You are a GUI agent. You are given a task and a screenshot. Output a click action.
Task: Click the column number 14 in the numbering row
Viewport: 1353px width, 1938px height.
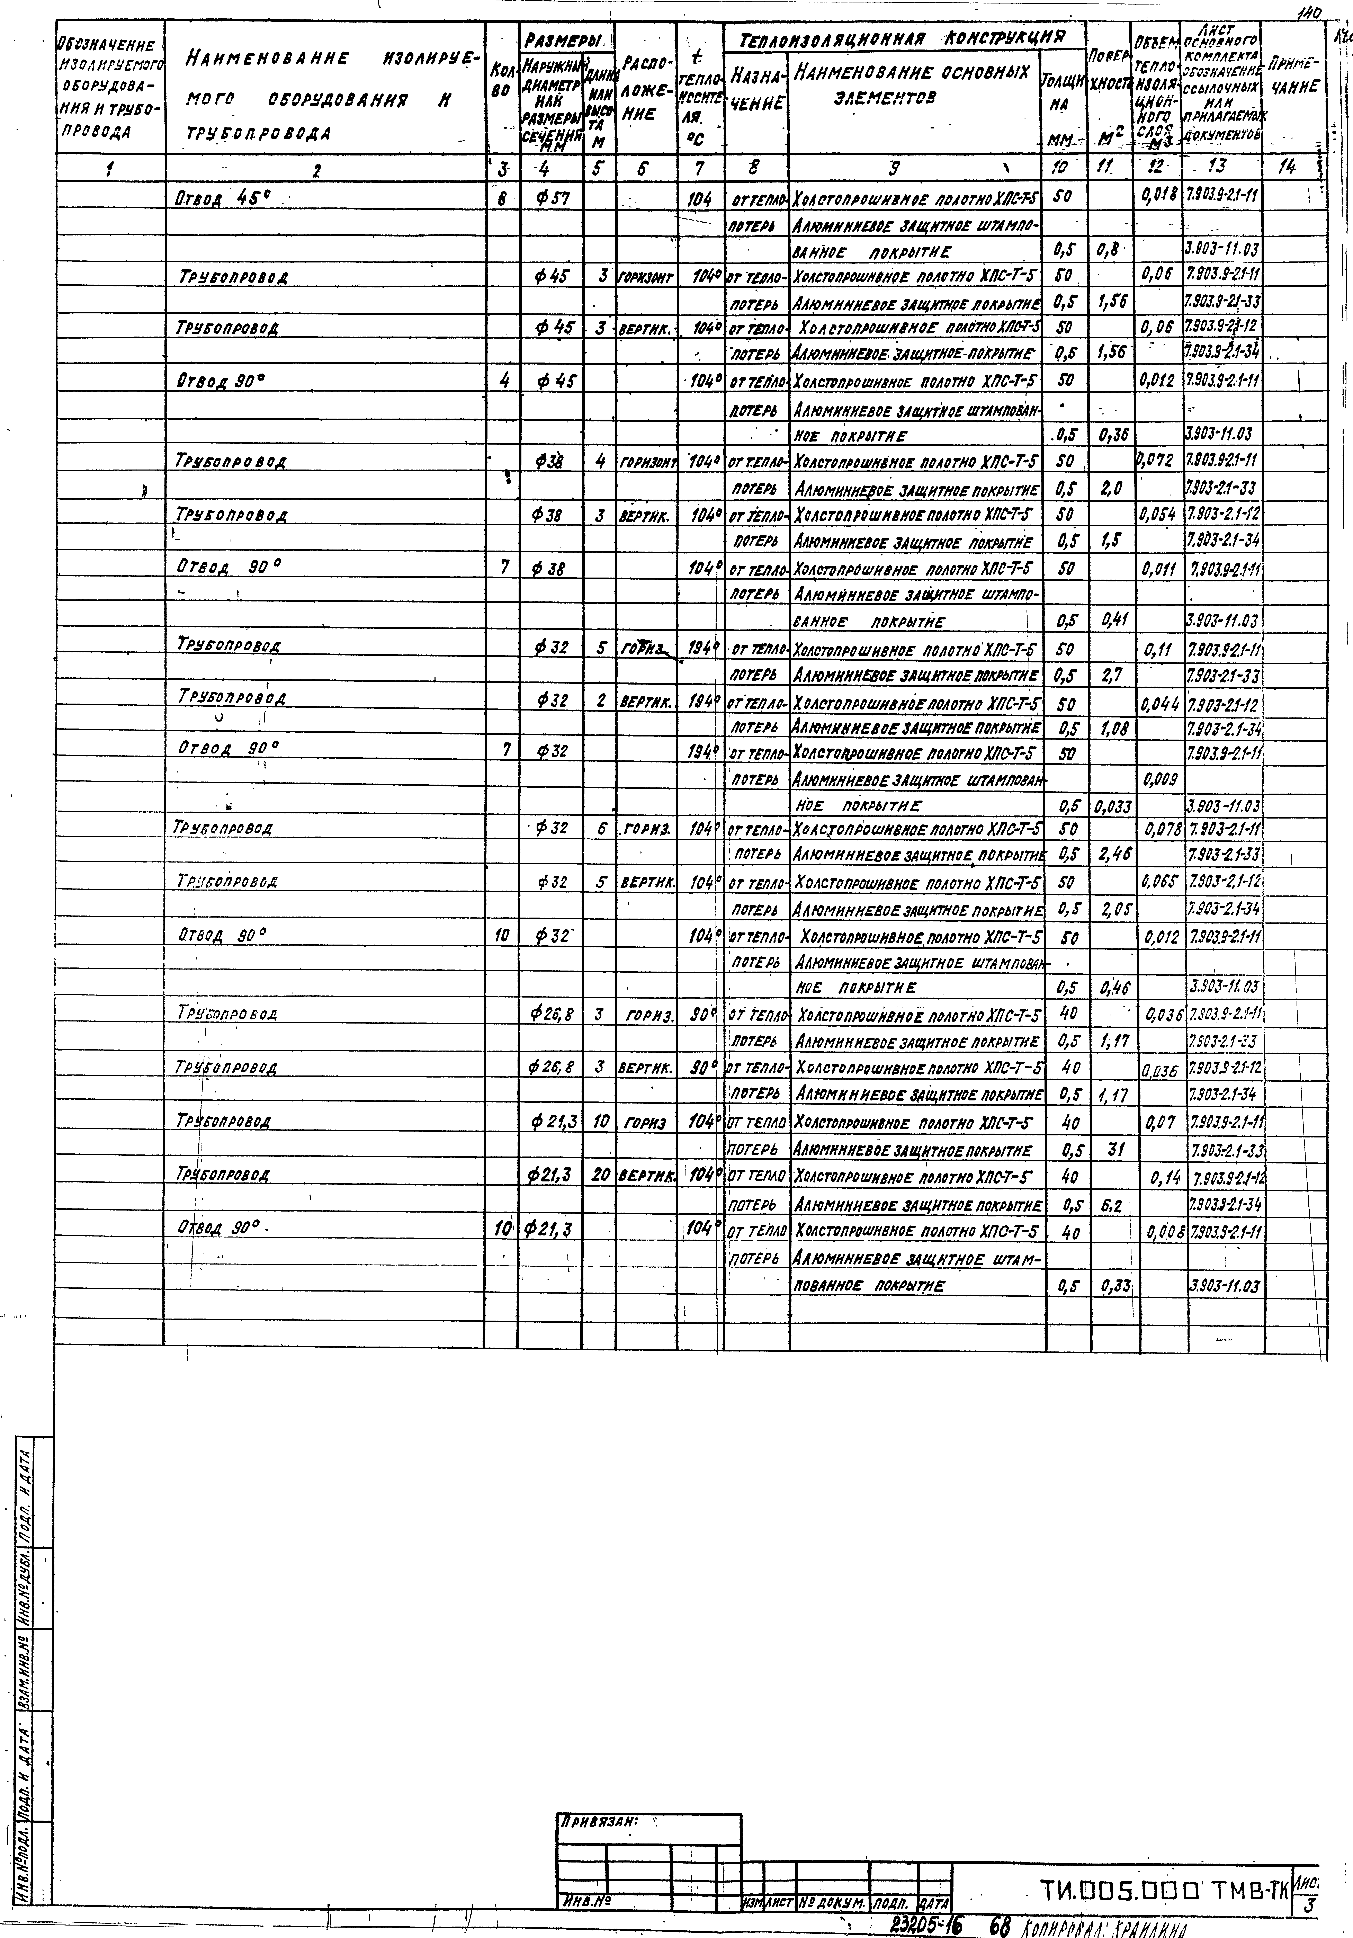coord(1286,168)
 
